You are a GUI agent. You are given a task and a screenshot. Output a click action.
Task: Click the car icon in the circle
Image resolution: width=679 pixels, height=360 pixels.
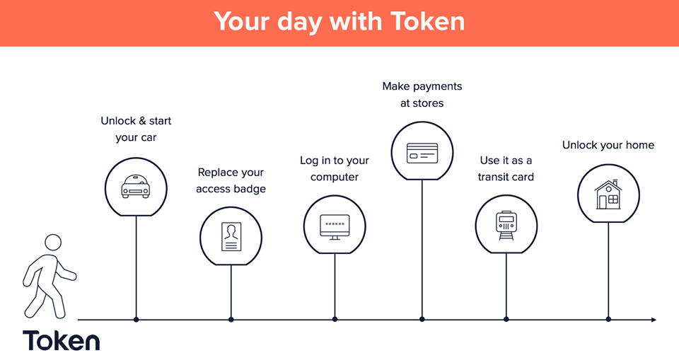136,187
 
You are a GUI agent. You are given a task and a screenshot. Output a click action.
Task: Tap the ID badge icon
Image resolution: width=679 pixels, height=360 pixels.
231,236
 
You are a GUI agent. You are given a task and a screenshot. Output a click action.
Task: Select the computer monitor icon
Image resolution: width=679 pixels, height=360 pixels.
335,227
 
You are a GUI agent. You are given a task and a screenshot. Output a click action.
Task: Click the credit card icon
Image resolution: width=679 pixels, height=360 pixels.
422,153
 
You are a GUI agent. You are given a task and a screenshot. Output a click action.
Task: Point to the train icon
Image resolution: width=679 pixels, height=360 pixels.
506,226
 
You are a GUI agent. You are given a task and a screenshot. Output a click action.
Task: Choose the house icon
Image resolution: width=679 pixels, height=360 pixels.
608,194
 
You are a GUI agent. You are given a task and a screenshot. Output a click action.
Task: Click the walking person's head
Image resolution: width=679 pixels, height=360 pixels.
53,243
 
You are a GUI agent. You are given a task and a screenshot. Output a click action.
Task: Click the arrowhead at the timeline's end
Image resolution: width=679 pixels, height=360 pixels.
654,320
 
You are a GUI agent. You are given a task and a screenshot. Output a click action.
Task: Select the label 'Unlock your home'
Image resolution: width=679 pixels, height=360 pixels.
608,145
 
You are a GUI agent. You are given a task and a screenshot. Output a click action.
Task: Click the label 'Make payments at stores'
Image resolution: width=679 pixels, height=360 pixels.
422,95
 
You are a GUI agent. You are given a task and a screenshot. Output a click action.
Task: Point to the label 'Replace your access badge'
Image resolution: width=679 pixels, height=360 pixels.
231,180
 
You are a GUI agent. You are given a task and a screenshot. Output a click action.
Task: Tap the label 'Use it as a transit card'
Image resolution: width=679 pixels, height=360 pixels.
506,168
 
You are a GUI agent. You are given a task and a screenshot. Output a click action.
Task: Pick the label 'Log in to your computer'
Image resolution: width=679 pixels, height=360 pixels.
335,168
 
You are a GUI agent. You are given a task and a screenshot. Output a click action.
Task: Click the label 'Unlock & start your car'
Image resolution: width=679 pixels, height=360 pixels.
136,129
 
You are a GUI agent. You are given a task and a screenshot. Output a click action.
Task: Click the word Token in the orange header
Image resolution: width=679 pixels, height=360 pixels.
427,21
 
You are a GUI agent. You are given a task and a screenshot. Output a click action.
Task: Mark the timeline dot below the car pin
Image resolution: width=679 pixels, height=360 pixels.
137,320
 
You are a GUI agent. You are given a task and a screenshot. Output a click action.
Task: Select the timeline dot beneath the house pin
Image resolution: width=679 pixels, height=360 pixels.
608,320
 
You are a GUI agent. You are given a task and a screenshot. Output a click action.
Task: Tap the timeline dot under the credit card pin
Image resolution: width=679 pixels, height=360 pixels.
422,320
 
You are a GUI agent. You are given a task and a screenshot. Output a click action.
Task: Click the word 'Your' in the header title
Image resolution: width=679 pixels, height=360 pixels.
242,21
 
